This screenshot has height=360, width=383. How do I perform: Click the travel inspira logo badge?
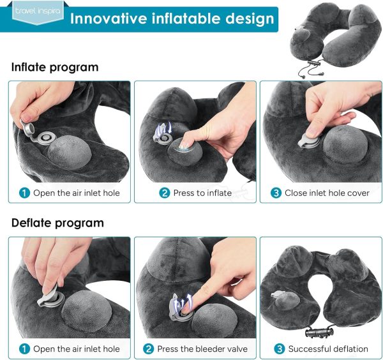coord(38,13)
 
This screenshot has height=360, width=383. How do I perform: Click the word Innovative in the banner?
coord(109,19)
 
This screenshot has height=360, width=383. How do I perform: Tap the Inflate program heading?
coord(55,67)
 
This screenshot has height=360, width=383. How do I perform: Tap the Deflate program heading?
coord(57,223)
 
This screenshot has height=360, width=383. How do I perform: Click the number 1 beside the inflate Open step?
coord(24,193)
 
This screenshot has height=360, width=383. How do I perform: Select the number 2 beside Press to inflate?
coord(165,193)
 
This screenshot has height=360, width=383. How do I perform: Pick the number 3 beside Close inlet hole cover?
coord(276,193)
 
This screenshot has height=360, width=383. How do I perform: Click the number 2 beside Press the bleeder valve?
coord(148,349)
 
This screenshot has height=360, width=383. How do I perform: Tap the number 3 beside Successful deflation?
coord(280,349)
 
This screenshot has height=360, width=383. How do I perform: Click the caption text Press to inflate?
coord(202,193)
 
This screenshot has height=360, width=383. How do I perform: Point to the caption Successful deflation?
coord(328,349)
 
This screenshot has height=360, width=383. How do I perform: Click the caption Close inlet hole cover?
coord(327,193)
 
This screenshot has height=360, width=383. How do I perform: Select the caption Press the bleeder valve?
coord(202,349)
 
